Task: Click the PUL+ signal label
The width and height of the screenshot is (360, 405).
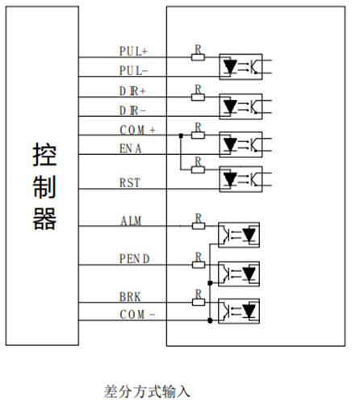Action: coord(133,51)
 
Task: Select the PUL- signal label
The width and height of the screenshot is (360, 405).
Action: coord(133,71)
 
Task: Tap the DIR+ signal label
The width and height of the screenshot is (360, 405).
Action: coord(132,91)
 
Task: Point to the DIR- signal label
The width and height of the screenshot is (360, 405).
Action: coord(132,111)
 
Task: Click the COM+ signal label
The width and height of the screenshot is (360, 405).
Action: coord(137,130)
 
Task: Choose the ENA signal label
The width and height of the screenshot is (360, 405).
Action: coord(130,148)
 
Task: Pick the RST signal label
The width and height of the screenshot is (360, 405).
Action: coord(130,183)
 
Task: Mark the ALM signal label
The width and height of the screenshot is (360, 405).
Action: coord(131,221)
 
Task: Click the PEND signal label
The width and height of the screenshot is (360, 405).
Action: coord(134,259)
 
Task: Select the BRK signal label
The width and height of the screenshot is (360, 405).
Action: coord(130,297)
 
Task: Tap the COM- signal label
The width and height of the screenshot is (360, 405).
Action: coord(137,315)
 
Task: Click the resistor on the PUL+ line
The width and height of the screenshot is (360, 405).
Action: coord(198,57)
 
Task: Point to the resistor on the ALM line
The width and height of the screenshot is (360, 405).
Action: coord(199,226)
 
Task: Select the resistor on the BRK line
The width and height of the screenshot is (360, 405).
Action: coord(199,303)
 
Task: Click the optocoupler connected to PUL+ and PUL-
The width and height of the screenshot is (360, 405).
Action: coord(241,67)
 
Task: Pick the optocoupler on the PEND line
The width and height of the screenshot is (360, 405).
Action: coord(239,273)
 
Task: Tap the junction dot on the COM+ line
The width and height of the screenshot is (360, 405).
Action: coord(181,136)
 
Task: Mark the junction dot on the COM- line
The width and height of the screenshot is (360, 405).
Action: coord(210,320)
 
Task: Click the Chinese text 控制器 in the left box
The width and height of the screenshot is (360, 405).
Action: coord(44,186)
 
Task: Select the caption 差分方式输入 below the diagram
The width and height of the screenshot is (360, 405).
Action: coord(147,391)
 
